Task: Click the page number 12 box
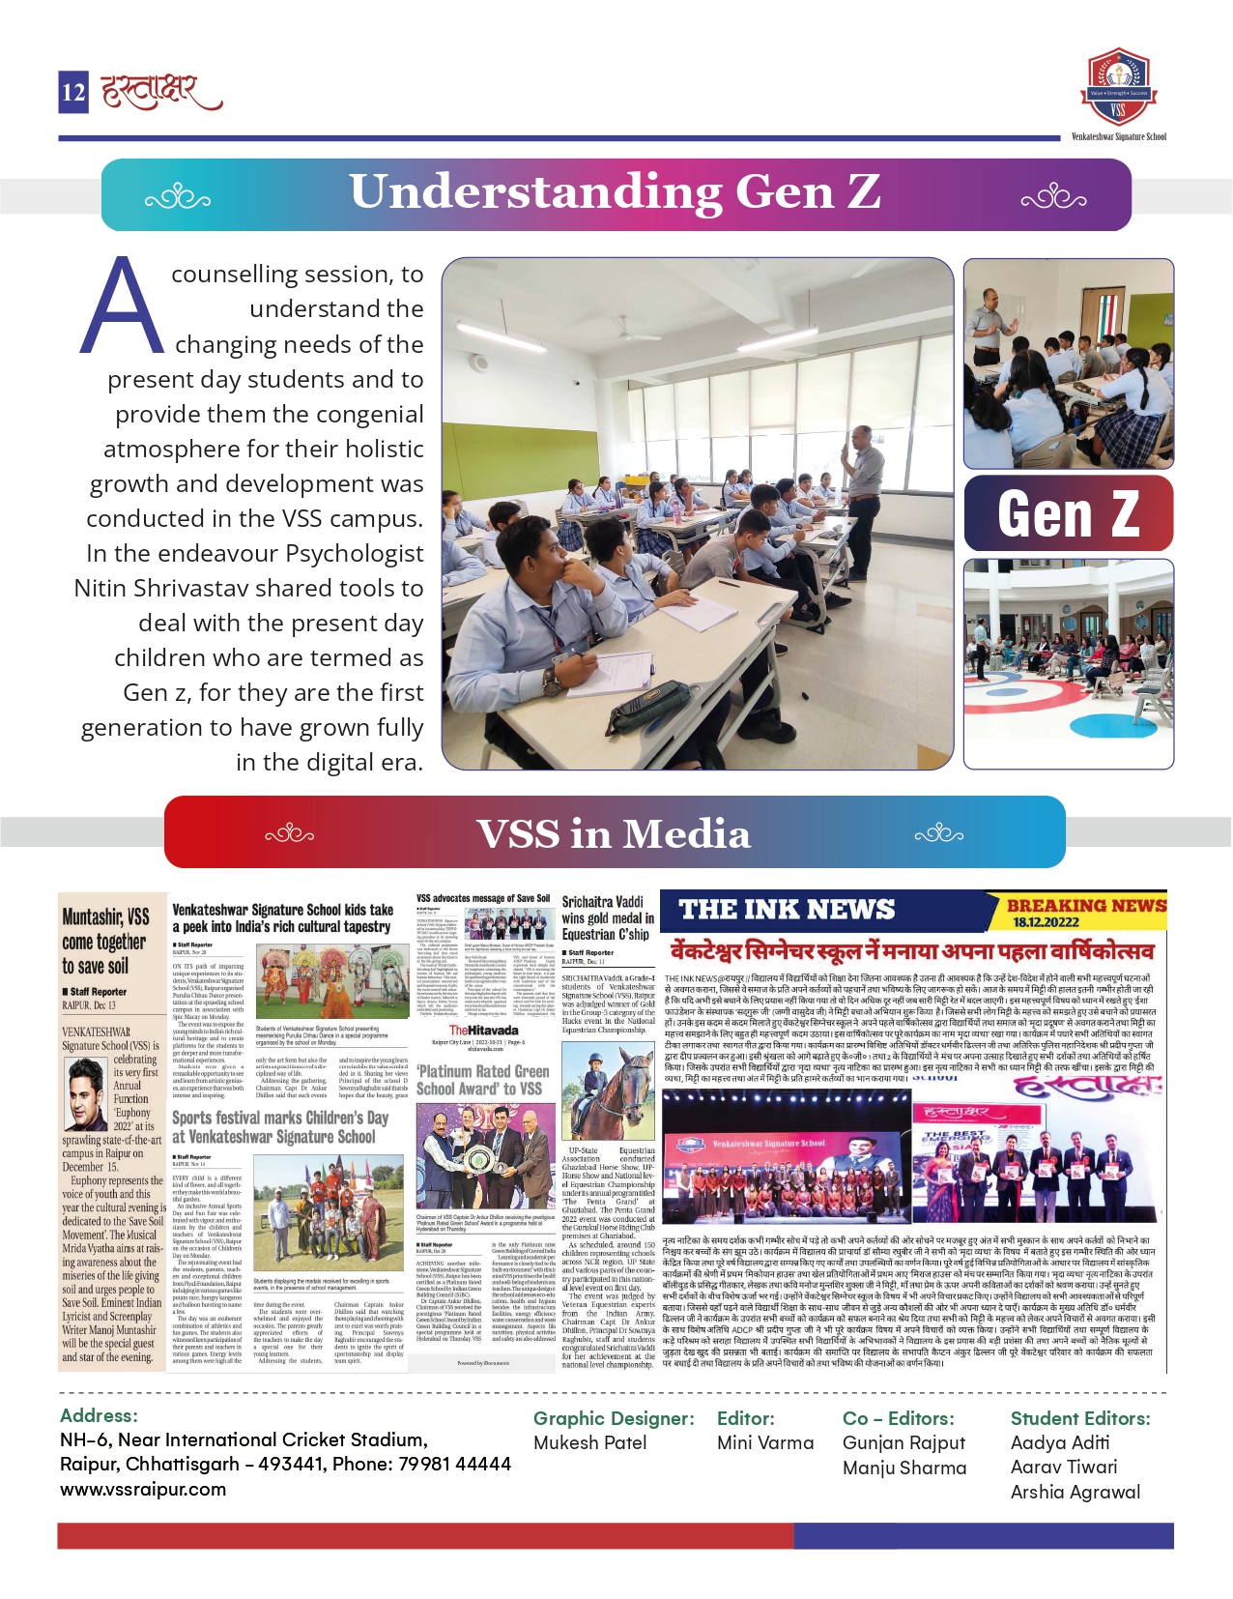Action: click(73, 92)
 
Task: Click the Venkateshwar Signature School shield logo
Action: click(1118, 86)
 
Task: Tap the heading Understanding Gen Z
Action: click(615, 191)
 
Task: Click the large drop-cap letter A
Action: click(122, 308)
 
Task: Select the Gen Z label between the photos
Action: click(1068, 513)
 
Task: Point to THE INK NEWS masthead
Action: click(787, 909)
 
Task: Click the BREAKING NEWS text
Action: click(1086, 905)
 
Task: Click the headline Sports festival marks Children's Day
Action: click(280, 1127)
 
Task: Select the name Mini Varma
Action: click(765, 1442)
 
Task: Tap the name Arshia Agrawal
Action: click(1075, 1492)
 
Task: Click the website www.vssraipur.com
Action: click(143, 1489)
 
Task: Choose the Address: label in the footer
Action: click(99, 1415)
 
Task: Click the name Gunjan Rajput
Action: click(903, 1442)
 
